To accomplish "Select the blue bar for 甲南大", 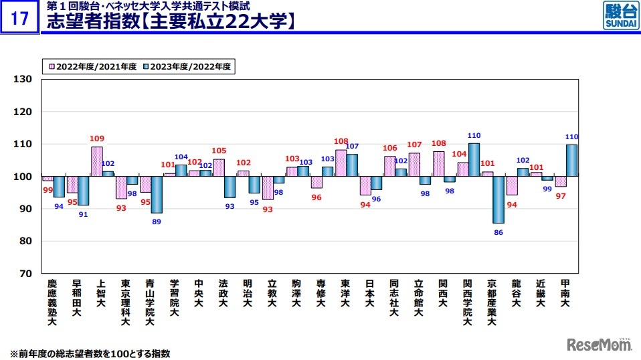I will [571, 161].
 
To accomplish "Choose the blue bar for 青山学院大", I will [157, 195].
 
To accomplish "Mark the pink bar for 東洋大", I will [341, 163].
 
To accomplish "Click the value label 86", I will [498, 232].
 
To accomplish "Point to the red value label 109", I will [97, 139].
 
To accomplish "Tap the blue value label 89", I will [157, 222].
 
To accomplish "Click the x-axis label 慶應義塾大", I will [52, 303].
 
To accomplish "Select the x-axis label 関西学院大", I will [467, 303].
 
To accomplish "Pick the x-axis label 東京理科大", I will [124, 303].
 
